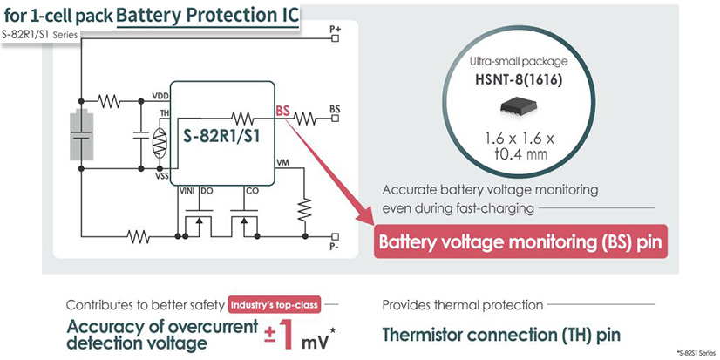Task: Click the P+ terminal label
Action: click(336, 29)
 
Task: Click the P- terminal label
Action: click(336, 248)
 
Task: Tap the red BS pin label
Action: click(282, 111)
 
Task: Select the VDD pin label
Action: click(160, 96)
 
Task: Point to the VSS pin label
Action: click(161, 175)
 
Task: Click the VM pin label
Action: click(282, 163)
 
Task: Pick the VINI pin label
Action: click(186, 189)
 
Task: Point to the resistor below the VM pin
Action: click(303, 208)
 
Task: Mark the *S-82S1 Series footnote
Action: click(693, 350)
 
